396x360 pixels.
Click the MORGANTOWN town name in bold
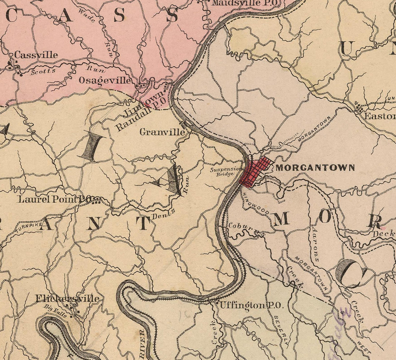(315, 168)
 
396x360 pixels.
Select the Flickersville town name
(67, 298)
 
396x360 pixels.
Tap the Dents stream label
(163, 214)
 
